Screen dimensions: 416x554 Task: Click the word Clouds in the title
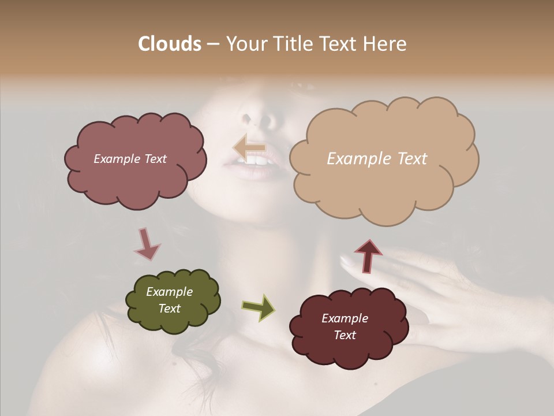click(170, 44)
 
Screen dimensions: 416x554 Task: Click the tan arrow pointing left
click(249, 147)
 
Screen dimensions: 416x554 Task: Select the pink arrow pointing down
click(147, 244)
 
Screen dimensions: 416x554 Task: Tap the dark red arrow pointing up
click(368, 255)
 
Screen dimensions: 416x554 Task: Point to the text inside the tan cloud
click(377, 159)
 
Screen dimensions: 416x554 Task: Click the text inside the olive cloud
click(170, 300)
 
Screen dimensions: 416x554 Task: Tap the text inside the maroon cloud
click(345, 326)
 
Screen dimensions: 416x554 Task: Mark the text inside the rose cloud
click(130, 159)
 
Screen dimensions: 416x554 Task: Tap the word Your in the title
click(244, 44)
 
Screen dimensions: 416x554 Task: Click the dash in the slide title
click(212, 44)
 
